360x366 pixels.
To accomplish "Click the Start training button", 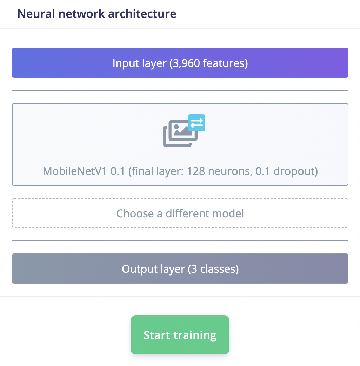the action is click(180, 335).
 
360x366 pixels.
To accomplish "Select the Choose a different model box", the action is click(180, 213).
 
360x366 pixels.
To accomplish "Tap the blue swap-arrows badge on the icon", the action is click(197, 123).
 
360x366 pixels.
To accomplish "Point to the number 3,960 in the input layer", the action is click(185, 63).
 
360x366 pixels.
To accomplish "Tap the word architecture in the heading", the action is click(142, 14).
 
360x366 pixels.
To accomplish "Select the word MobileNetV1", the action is click(75, 171).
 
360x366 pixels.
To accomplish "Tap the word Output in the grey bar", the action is click(140, 269).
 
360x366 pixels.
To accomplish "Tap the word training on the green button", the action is click(195, 335).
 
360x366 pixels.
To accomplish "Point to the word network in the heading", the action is click(81, 14).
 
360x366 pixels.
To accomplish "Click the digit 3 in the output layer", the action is click(194, 269).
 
